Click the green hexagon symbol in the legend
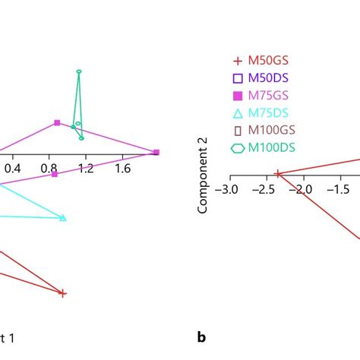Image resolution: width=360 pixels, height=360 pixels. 238,148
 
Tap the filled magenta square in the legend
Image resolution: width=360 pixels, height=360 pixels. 238,95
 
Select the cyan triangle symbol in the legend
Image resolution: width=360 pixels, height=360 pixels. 238,112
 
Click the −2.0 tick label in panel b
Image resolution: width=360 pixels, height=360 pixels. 304,188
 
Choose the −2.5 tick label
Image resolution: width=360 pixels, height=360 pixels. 267,188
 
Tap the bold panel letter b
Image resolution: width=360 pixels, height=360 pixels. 201,337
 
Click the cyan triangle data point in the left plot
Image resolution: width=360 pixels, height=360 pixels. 63,218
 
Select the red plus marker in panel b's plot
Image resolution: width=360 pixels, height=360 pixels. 278,174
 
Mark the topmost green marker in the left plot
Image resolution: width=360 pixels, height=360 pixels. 79,71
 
